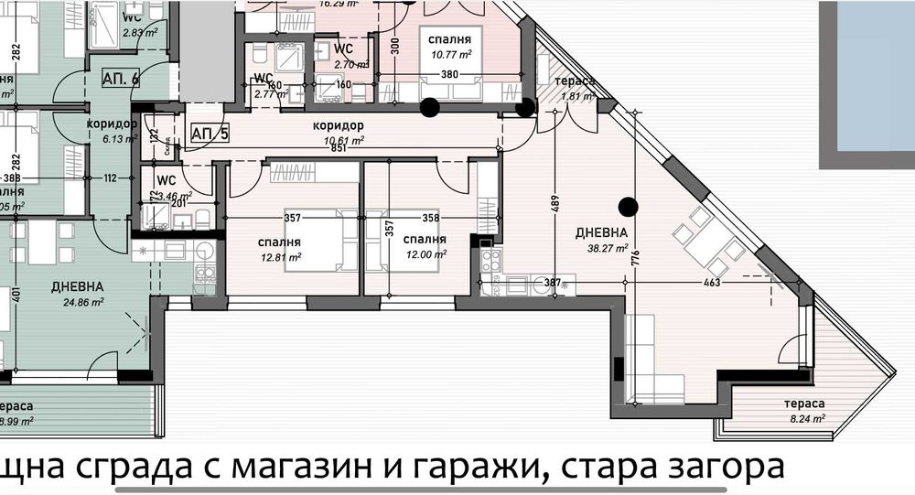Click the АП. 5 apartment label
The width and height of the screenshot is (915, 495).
(210, 134)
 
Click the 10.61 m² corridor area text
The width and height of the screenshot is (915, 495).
(345, 140)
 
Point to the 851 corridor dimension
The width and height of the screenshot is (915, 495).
(339, 149)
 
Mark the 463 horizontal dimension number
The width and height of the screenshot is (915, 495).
(713, 283)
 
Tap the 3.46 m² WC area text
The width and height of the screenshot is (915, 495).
(173, 196)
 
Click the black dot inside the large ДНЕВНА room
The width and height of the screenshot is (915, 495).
(627, 204)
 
